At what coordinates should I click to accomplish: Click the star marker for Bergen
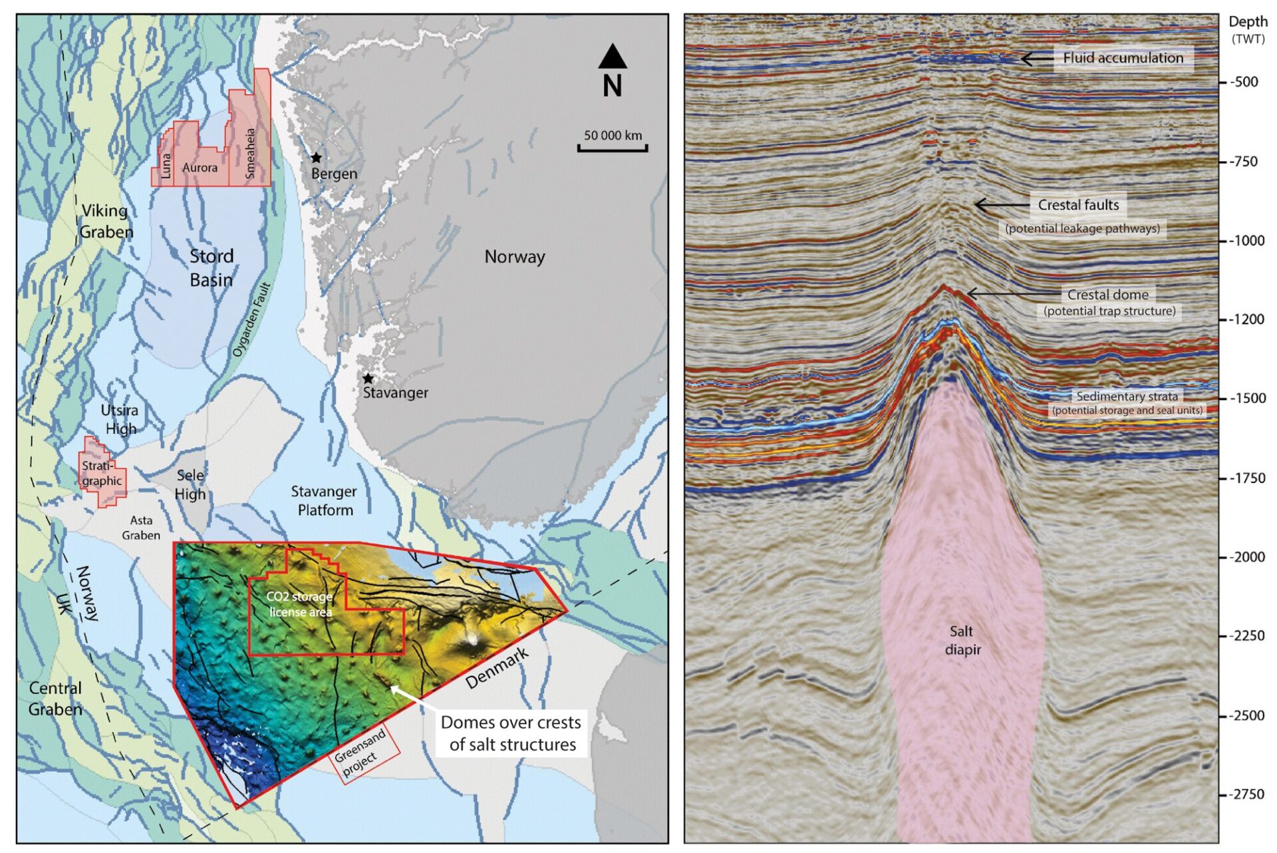(x=317, y=158)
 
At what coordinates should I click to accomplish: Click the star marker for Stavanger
(x=368, y=378)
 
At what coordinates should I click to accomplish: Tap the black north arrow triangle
(x=612, y=57)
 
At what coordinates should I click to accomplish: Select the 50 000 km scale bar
(x=613, y=148)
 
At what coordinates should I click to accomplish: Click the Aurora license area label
(x=200, y=168)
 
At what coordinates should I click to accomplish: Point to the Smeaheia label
(x=250, y=153)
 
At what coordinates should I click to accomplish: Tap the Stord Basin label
(x=212, y=267)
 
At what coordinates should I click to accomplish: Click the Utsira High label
(x=120, y=419)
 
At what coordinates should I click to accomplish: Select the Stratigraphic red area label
(x=102, y=473)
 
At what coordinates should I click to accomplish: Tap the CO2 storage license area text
(x=299, y=604)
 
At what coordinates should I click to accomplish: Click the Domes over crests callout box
(x=511, y=733)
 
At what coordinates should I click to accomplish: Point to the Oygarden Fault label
(x=252, y=319)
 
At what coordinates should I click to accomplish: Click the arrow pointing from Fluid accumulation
(x=1036, y=59)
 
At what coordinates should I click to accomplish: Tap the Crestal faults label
(x=1078, y=205)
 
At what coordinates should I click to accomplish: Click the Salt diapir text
(x=962, y=640)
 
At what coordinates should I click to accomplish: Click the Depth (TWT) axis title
(x=1247, y=29)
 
